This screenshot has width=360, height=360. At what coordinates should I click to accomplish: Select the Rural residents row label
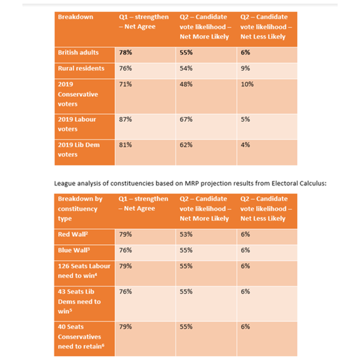(81, 68)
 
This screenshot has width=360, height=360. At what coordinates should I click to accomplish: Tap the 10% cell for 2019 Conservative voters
(247, 84)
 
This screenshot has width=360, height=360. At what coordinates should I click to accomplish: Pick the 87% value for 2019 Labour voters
(125, 119)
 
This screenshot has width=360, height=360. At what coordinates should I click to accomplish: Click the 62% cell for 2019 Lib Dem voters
(186, 145)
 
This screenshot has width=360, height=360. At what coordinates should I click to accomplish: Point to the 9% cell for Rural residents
(245, 68)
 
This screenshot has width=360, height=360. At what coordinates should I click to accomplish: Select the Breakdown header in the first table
(75, 17)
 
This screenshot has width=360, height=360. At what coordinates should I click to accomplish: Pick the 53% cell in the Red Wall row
(186, 234)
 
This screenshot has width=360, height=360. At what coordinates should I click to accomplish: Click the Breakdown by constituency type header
(80, 208)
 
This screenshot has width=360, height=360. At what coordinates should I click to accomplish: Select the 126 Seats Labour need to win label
(84, 271)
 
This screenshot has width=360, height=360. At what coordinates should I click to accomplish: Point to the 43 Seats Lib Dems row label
(79, 301)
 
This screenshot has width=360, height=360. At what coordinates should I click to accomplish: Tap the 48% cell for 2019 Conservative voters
(186, 84)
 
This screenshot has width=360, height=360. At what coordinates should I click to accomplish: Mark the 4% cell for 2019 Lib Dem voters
(245, 145)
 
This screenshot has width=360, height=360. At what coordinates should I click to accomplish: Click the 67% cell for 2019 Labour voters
(186, 119)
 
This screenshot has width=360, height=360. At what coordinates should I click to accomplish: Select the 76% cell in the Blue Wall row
(125, 250)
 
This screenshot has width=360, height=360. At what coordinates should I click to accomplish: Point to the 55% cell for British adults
(186, 52)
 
